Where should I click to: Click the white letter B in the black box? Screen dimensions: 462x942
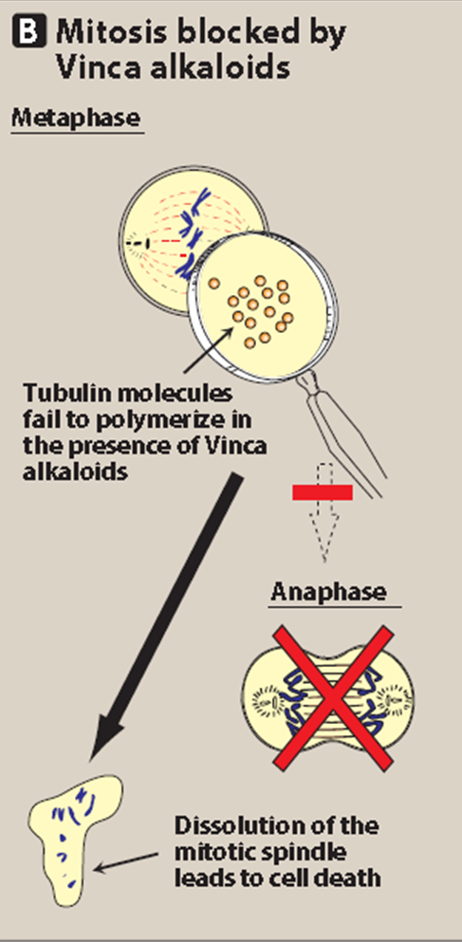tap(29, 30)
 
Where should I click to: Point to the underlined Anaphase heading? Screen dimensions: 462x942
tap(328, 592)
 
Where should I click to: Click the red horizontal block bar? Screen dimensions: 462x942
tap(322, 492)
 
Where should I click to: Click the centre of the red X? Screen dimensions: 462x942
tap(333, 697)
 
